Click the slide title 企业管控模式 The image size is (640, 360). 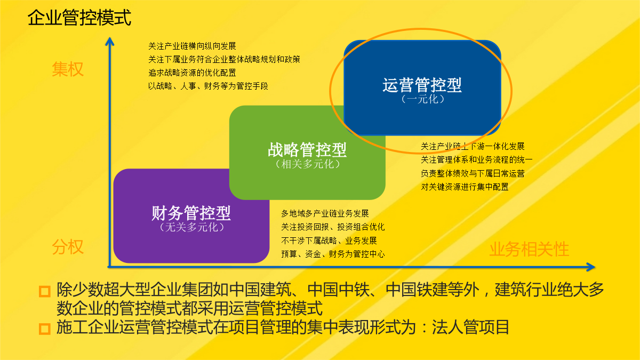point(79,18)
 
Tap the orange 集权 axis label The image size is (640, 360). point(68,69)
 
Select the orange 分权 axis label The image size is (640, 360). point(68,246)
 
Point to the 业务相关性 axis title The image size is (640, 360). point(529,249)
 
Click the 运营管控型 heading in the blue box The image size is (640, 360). point(422,85)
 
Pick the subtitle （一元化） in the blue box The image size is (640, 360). point(422,99)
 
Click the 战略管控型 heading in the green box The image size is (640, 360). point(307,150)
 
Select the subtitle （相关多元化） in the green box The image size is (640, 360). point(307,164)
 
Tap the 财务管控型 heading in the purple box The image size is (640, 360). point(191,213)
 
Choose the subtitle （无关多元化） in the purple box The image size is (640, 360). point(191,227)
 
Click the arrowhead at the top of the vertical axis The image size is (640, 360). point(110,42)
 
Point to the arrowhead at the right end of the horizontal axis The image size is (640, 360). point(590,267)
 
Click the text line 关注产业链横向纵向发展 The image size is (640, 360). point(192,46)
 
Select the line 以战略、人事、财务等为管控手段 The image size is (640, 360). point(208,86)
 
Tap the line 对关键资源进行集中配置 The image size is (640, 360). point(465,187)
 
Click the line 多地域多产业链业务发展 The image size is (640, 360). point(325,213)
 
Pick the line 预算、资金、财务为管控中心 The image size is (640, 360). point(333,254)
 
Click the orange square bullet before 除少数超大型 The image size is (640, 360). point(45,291)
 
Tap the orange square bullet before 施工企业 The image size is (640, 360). point(45,329)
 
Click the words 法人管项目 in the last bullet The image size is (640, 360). point(470,327)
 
